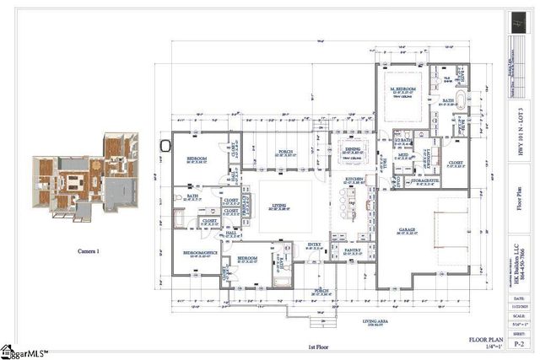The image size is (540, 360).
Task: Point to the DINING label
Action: click(x=353, y=149)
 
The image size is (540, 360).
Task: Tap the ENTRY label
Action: click(x=314, y=245)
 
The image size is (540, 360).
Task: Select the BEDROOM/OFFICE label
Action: click(x=196, y=252)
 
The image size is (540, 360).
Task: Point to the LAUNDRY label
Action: click(x=426, y=154)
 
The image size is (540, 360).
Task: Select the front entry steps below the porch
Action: click(x=321, y=321)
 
